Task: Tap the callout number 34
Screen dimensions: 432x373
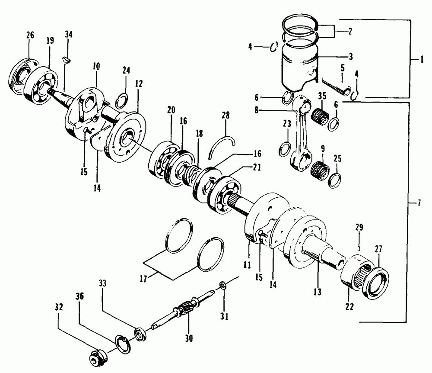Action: tap(69, 35)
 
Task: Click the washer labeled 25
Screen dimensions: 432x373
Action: tap(336, 180)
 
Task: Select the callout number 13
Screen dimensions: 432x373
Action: tap(318, 293)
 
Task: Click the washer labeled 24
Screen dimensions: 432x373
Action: tap(122, 100)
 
